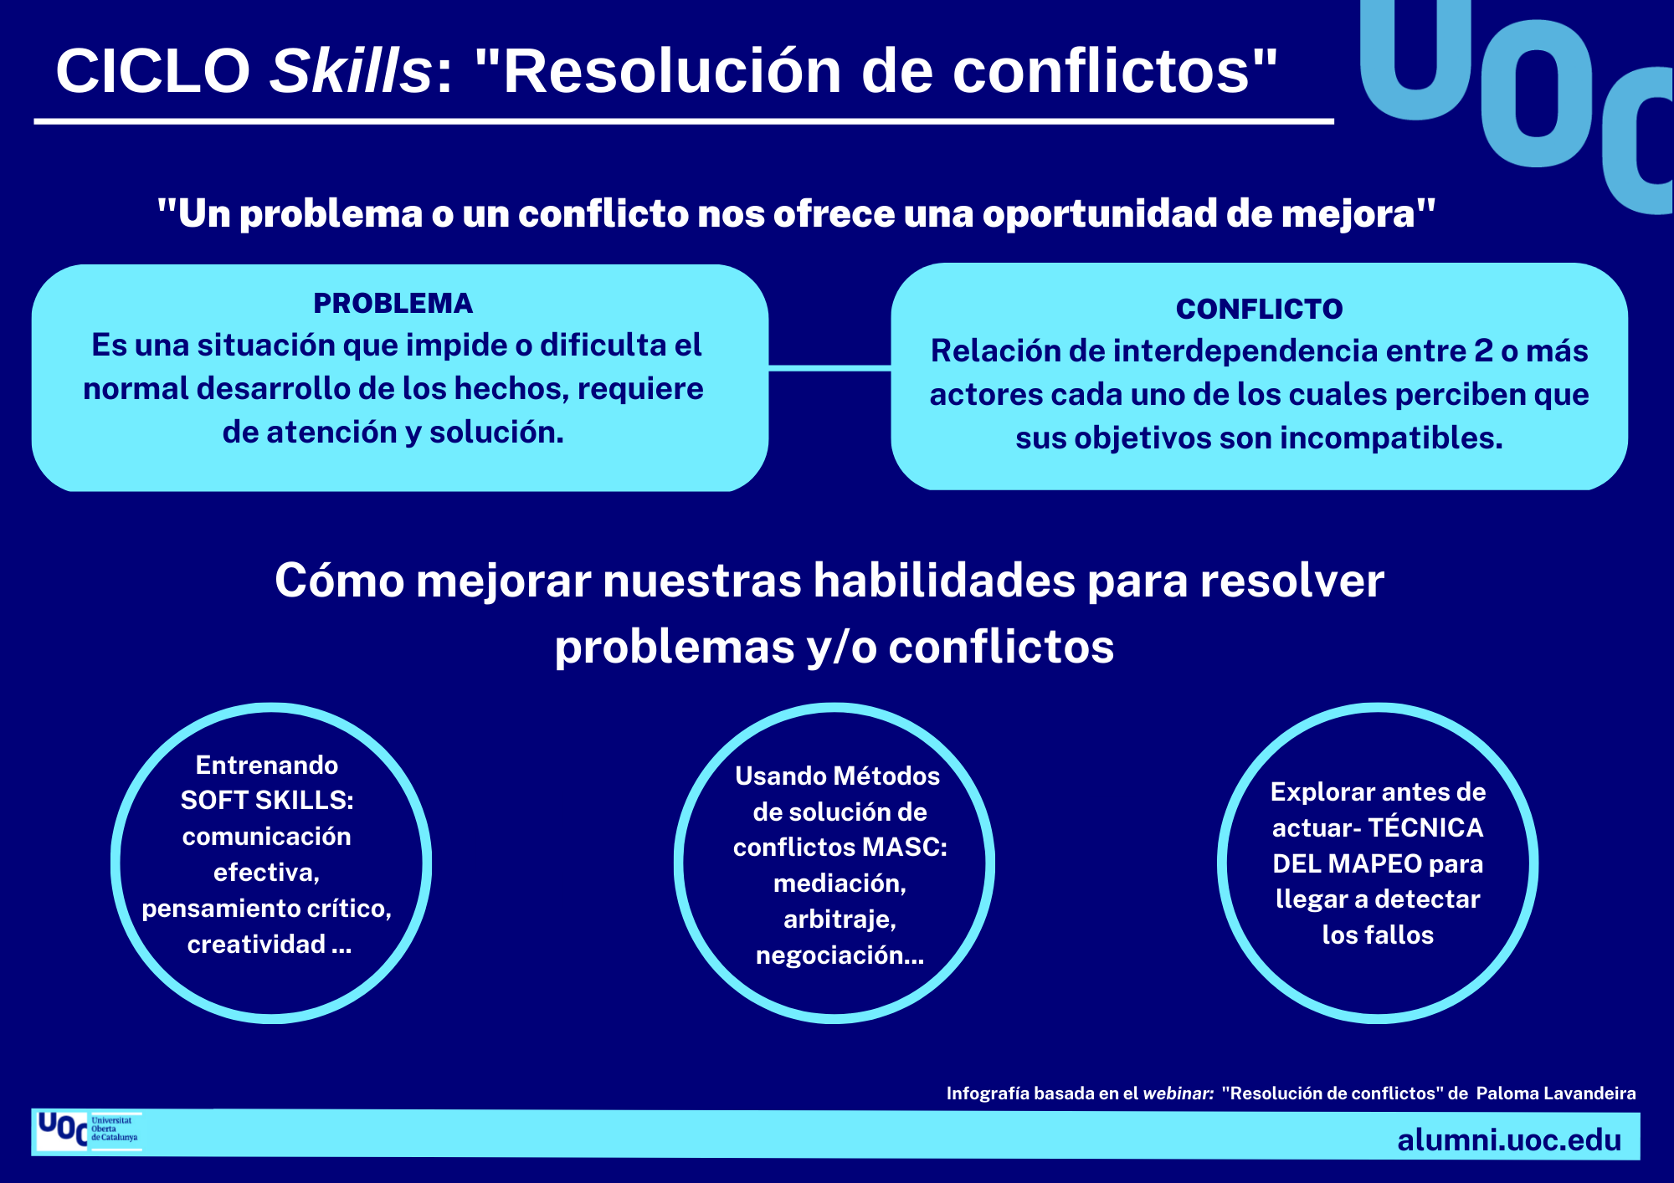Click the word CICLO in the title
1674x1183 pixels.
[153, 71]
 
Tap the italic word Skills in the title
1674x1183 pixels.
[350, 71]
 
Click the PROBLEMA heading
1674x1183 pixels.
[393, 303]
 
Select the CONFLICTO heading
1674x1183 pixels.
[1259, 309]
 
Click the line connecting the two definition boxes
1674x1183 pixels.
[829, 367]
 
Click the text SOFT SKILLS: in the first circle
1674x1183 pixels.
[267, 801]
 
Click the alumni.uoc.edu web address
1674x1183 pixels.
[1509, 1139]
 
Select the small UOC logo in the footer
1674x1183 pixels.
[87, 1131]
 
